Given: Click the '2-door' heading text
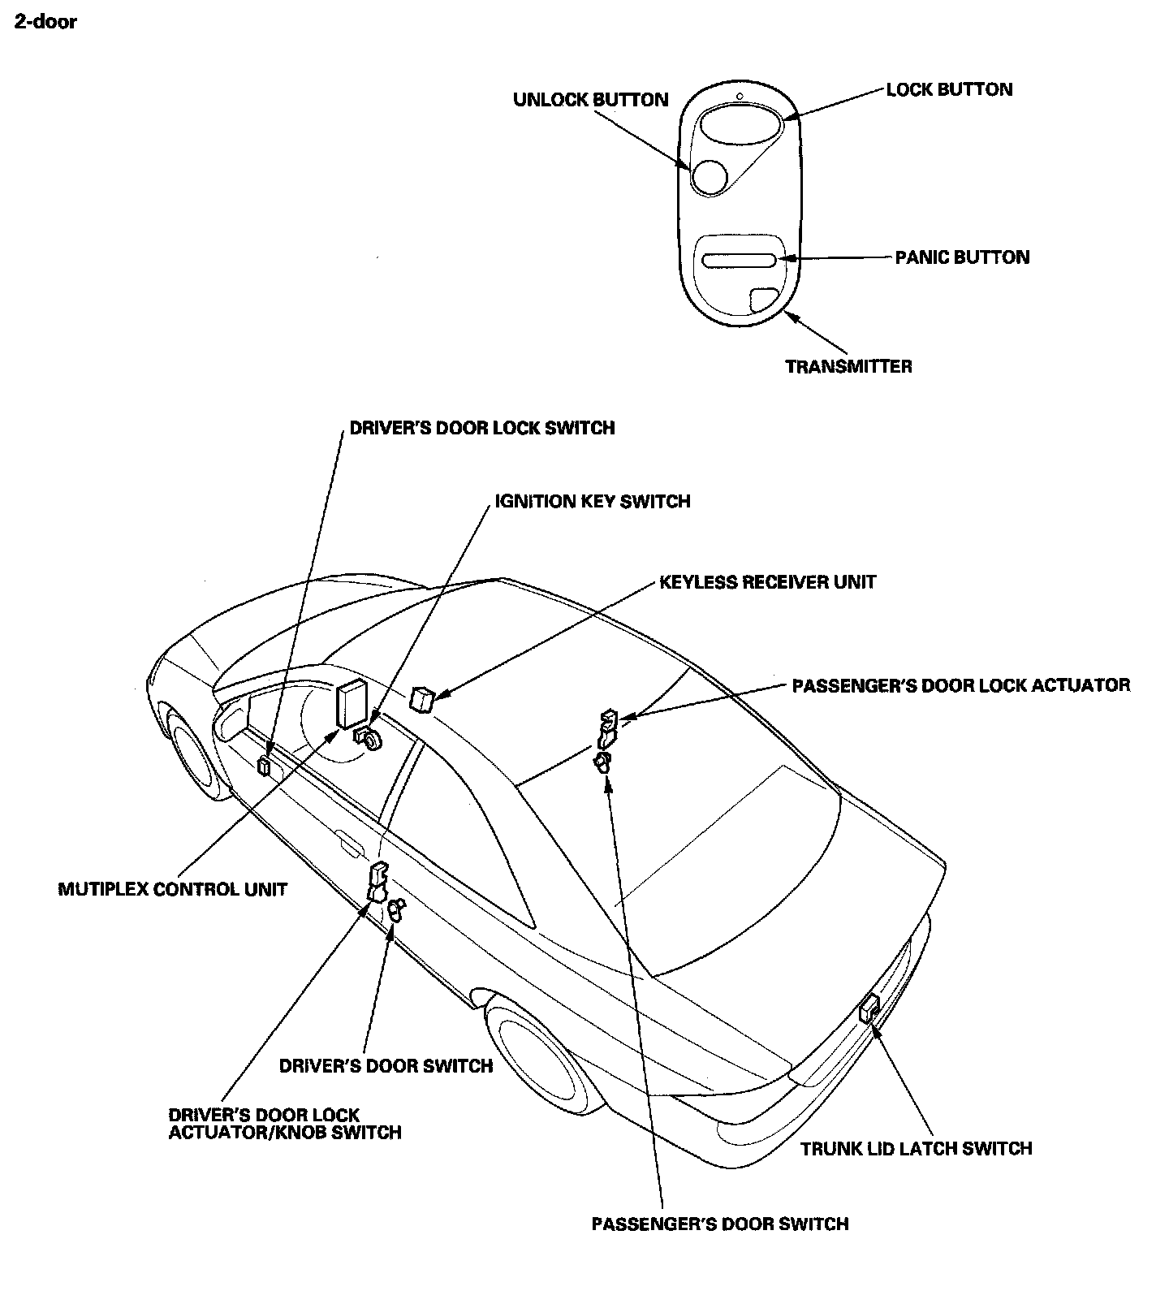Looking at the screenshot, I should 45,22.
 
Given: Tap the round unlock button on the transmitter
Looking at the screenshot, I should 710,176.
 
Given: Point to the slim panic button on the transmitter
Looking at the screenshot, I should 739,260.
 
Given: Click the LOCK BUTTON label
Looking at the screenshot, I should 949,89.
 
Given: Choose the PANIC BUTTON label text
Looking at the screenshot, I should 962,257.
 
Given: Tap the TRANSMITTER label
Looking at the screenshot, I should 848,366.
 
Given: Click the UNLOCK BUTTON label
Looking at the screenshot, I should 590,100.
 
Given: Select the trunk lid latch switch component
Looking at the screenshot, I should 869,1008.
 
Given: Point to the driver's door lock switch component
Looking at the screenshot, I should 264,766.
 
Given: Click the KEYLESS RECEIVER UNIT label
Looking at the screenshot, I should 767,582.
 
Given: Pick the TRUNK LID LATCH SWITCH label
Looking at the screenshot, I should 916,1149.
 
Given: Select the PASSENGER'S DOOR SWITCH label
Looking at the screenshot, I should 720,1224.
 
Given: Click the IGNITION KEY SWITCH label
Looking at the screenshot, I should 593,502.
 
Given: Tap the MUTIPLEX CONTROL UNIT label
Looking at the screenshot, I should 172,889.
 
